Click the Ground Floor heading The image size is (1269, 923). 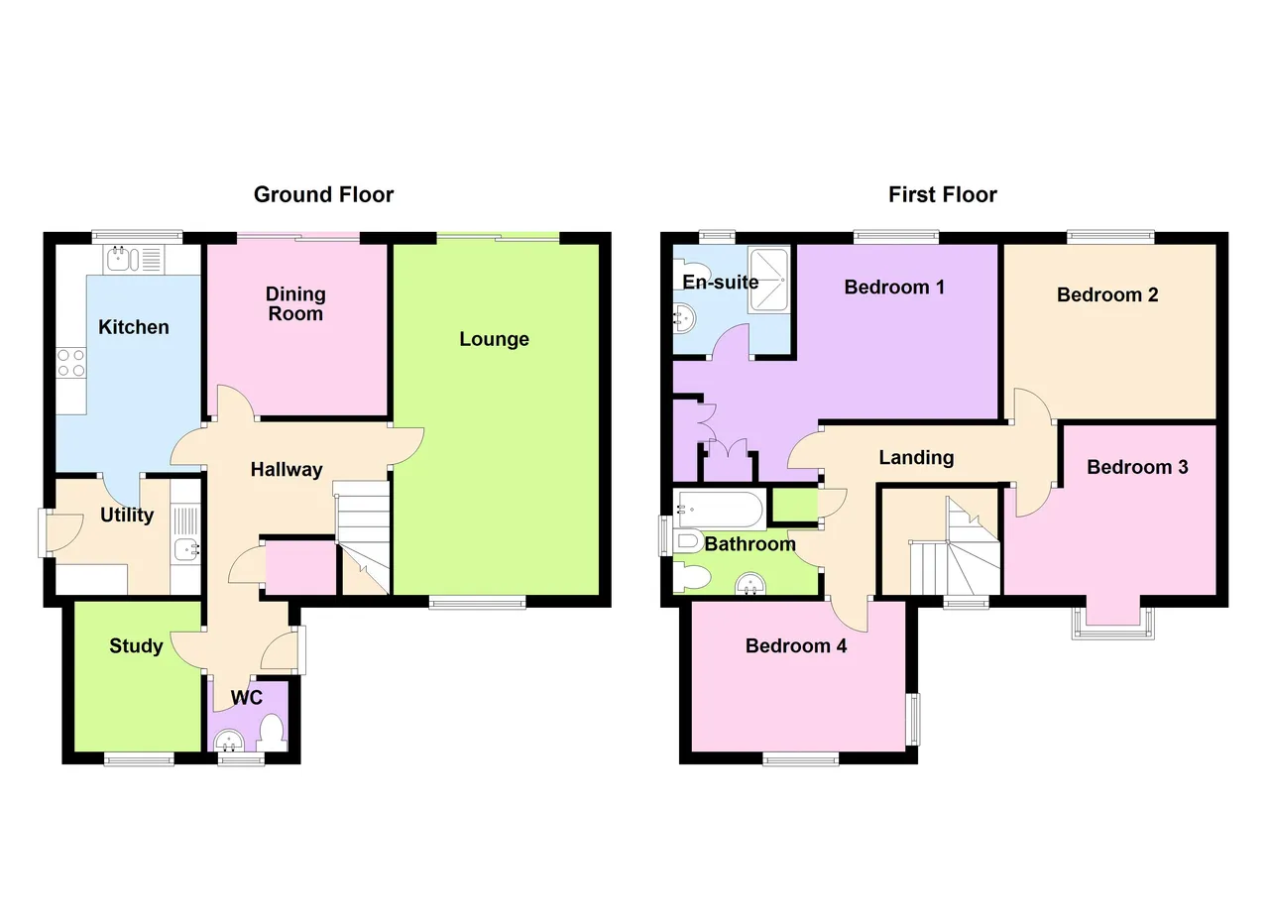pos(323,195)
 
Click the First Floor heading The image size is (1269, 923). pos(943,195)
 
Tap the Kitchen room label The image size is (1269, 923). pos(134,327)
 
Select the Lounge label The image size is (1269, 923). pos(494,339)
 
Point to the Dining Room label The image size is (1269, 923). pos(295,303)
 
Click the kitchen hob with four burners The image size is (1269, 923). pos(71,363)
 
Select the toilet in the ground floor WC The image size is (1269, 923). pos(272,734)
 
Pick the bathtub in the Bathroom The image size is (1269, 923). pos(720,509)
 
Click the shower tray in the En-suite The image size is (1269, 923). pos(768,280)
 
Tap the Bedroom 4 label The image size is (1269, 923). pos(796,646)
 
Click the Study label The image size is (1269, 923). pos(136,646)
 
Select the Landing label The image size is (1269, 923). pos(916,458)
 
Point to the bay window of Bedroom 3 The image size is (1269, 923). pos(1112,624)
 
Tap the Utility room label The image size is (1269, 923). pos(127,516)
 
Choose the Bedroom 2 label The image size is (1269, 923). pos(1107,295)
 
